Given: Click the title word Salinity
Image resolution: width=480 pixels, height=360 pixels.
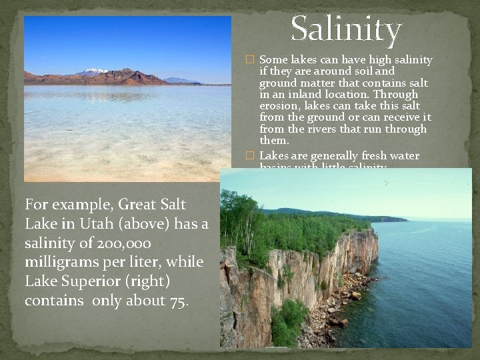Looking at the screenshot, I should click(x=346, y=29).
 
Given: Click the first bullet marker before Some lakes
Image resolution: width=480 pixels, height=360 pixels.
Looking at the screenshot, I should click(x=250, y=60).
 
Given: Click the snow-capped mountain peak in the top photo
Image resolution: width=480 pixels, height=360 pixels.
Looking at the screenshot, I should click(x=94, y=71).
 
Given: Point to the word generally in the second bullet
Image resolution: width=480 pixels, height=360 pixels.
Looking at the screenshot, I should click(x=340, y=156).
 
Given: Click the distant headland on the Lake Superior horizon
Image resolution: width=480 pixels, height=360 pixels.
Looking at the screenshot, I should click(x=393, y=219).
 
